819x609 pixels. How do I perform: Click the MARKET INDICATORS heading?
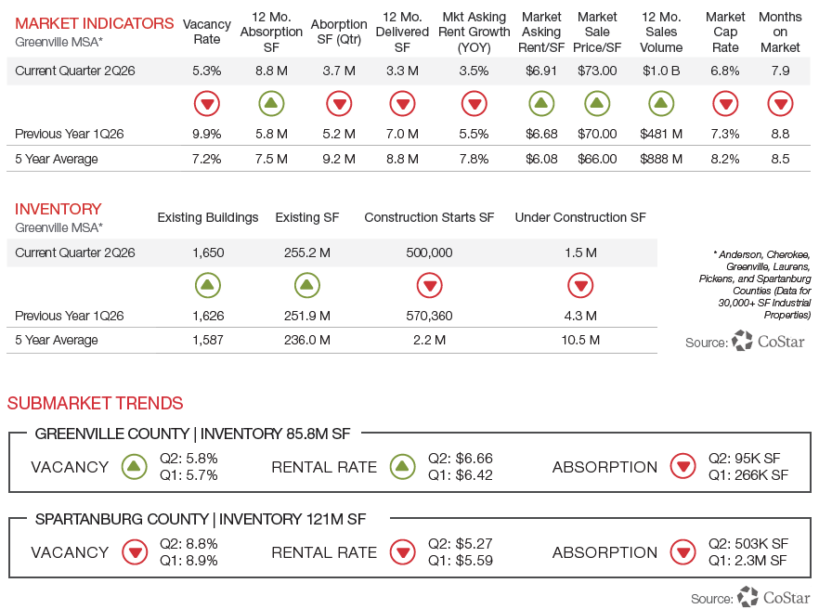94,23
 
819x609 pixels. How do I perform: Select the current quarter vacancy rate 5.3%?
207,71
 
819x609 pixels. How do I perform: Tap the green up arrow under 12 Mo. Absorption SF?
271,103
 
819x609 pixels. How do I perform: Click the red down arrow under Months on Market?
780,103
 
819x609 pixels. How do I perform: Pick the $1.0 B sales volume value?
661,71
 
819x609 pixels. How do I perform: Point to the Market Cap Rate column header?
725,32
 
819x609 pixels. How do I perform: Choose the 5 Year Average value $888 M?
661,159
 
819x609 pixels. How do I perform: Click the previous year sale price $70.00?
597,134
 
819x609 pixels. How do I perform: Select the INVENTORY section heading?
58,209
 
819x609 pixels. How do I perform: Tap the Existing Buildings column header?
208,217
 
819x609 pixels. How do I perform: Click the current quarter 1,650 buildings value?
208,253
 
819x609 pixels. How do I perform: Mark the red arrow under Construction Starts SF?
429,285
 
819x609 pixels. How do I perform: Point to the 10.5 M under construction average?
580,340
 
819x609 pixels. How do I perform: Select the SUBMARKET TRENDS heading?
95,403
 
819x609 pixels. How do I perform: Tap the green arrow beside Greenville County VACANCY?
135,466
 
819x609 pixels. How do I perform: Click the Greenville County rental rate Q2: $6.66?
461,458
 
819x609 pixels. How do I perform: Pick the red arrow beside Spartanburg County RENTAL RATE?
403,552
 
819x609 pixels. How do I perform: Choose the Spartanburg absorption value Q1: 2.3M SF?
747,561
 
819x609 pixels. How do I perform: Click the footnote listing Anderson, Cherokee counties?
755,285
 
